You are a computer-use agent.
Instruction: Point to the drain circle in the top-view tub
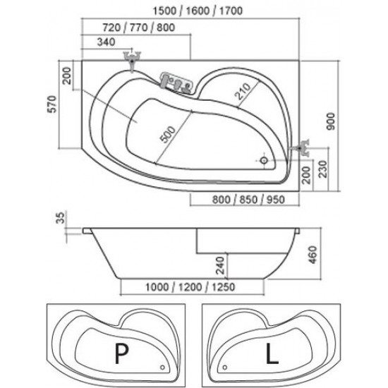tap(264, 160)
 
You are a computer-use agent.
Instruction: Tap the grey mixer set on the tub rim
tap(176, 82)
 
